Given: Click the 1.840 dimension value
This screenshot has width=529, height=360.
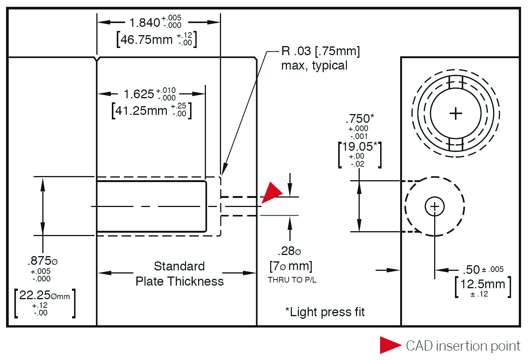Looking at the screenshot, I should (x=145, y=23).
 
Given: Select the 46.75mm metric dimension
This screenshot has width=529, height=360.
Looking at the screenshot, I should (x=147, y=39).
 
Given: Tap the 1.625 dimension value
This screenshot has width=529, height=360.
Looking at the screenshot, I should (x=139, y=94).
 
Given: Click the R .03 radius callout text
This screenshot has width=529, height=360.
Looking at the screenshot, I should (x=320, y=51).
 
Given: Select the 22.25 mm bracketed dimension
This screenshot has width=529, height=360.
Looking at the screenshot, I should (x=45, y=295).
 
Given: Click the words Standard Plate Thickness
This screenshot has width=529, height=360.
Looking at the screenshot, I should (x=179, y=274).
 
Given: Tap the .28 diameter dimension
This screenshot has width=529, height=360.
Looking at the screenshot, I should (x=289, y=251).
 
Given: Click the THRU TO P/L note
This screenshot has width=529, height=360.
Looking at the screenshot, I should (x=292, y=280).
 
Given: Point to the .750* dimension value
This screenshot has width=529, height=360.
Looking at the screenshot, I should (x=360, y=119).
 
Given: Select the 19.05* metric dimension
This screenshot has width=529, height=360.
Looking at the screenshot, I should (x=360, y=147).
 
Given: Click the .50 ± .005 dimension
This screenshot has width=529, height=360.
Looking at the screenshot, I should (x=483, y=270).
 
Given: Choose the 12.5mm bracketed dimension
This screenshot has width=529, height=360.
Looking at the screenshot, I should (x=483, y=284).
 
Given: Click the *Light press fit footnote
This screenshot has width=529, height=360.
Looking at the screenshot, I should (x=325, y=312).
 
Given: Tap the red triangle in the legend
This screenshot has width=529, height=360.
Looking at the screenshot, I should (x=389, y=345).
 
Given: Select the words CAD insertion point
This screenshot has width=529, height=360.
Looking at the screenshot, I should (x=463, y=346).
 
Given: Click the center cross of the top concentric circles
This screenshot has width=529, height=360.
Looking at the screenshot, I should (x=456, y=113).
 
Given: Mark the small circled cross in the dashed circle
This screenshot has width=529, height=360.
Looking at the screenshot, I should (x=435, y=206).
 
